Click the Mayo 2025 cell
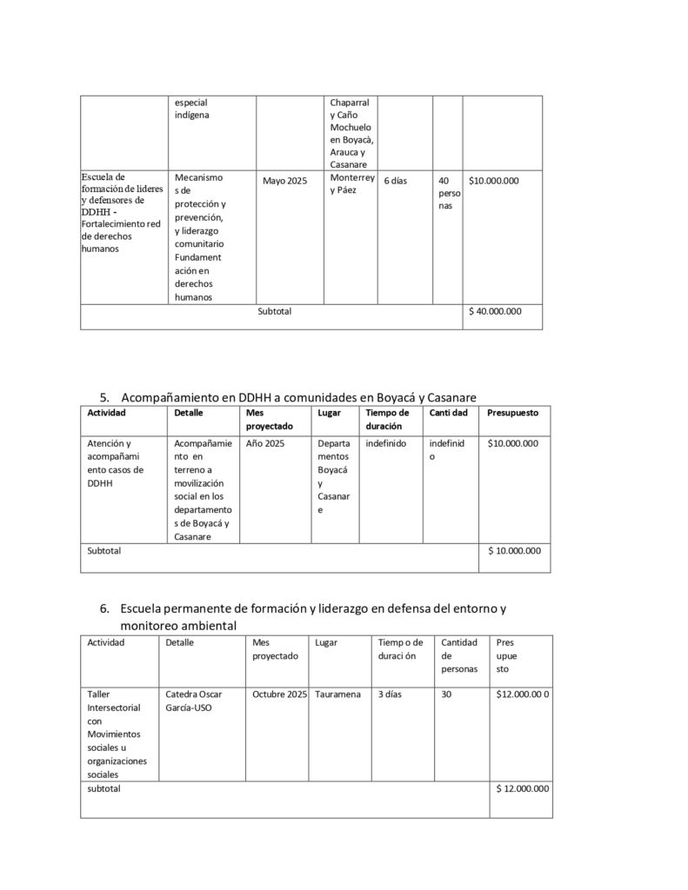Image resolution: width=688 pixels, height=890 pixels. click(284, 181)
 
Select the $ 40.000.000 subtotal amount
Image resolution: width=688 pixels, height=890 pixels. click(495, 310)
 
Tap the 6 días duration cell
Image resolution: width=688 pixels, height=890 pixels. click(395, 181)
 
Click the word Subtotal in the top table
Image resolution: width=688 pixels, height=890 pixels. click(275, 310)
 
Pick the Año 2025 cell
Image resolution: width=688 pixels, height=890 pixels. click(265, 443)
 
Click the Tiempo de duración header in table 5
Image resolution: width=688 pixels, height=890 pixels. click(387, 419)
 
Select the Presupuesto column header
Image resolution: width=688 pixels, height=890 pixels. click(512, 412)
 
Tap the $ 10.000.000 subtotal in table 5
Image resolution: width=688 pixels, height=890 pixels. click(514, 550)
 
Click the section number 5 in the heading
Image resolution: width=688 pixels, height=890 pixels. click(104, 397)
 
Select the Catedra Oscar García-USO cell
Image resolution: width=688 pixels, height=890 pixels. click(188, 701)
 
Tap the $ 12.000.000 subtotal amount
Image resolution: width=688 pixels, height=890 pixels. click(522, 788)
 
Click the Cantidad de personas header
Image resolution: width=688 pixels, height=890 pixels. click(459, 656)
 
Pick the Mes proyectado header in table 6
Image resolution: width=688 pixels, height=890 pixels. click(275, 649)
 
